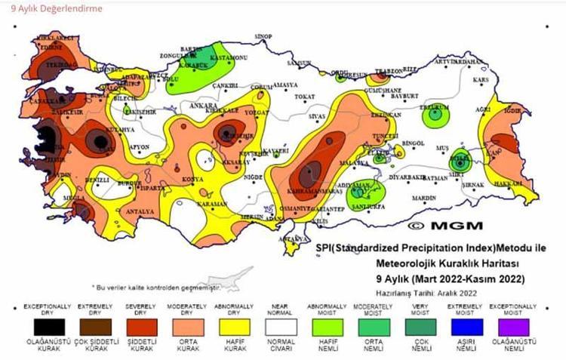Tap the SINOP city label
(263, 36)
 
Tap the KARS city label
(480, 80)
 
